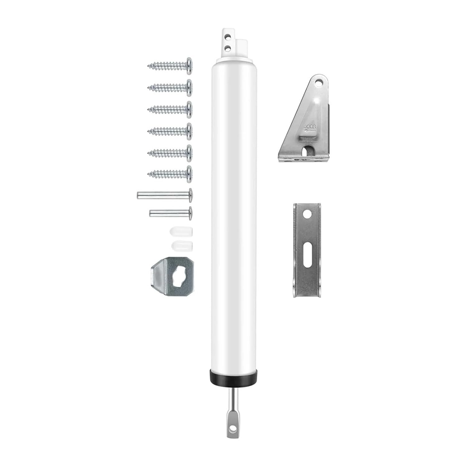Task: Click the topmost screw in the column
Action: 170,66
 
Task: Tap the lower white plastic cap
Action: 182,245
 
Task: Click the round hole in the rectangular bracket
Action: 307,214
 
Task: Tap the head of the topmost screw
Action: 189,66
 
